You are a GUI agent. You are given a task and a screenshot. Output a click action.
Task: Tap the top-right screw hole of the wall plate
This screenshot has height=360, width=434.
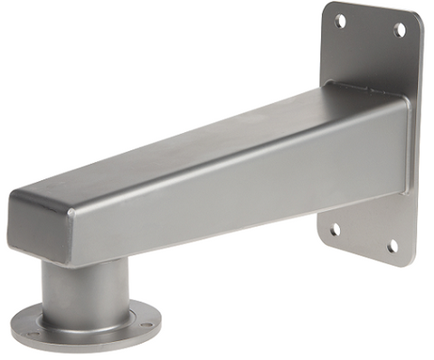pos(400,30)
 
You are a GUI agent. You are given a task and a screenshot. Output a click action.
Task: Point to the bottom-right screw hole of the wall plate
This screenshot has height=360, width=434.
pos(392,246)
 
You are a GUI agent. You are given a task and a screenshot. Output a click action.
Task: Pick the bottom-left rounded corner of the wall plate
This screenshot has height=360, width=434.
pos(323,239)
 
